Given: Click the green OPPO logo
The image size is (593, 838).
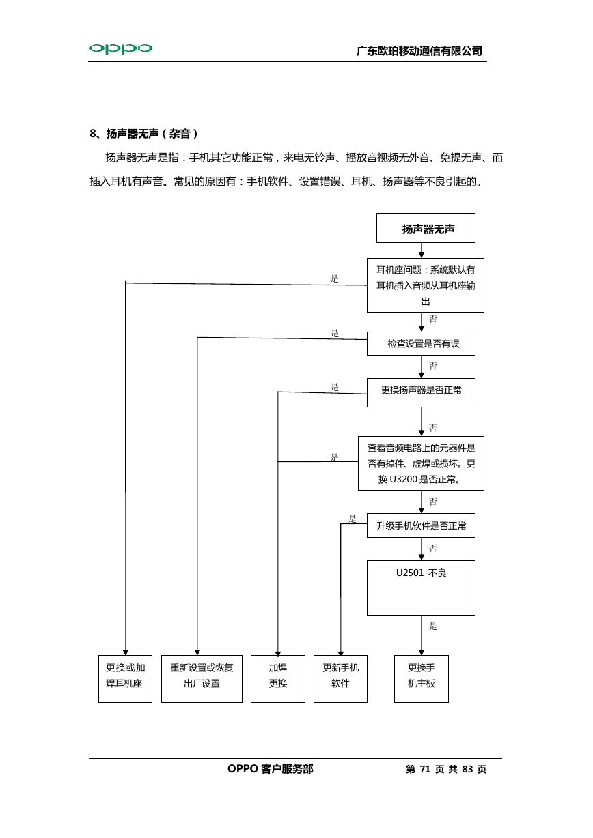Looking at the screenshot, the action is tap(121, 48).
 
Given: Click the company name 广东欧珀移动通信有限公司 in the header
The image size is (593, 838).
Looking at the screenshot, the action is tap(419, 51).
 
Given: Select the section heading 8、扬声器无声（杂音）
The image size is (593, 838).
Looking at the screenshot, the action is tap(143, 134).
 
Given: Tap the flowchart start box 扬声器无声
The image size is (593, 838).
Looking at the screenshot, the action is tap(426, 228).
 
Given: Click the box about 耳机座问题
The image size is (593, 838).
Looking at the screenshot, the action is tap(425, 285).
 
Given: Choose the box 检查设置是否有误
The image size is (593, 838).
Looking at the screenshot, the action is tap(421, 343).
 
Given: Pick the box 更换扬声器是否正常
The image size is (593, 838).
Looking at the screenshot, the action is tap(421, 392).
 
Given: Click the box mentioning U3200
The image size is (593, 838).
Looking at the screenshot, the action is tap(421, 463).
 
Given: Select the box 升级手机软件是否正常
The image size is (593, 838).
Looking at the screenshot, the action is tap(421, 525).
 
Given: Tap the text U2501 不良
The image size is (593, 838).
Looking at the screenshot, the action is tap(421, 573).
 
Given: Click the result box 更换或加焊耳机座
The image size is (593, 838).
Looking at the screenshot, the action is tap(125, 678).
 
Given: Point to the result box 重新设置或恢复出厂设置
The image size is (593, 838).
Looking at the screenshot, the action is tap(202, 678).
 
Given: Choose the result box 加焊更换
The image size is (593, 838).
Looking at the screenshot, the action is tap(277, 678).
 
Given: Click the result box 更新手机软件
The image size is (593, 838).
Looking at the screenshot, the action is tap(340, 678).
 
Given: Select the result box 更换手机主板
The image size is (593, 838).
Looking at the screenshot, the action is tap(421, 678).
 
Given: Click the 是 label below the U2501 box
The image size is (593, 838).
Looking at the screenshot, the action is tap(432, 626).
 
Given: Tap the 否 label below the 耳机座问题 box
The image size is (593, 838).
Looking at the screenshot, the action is tap(432, 319).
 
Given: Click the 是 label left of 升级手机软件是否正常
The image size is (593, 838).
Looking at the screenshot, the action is tap(352, 519).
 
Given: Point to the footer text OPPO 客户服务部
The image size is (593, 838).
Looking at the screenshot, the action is tap(270, 769).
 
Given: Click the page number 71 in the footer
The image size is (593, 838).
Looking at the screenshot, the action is tap(425, 769).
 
